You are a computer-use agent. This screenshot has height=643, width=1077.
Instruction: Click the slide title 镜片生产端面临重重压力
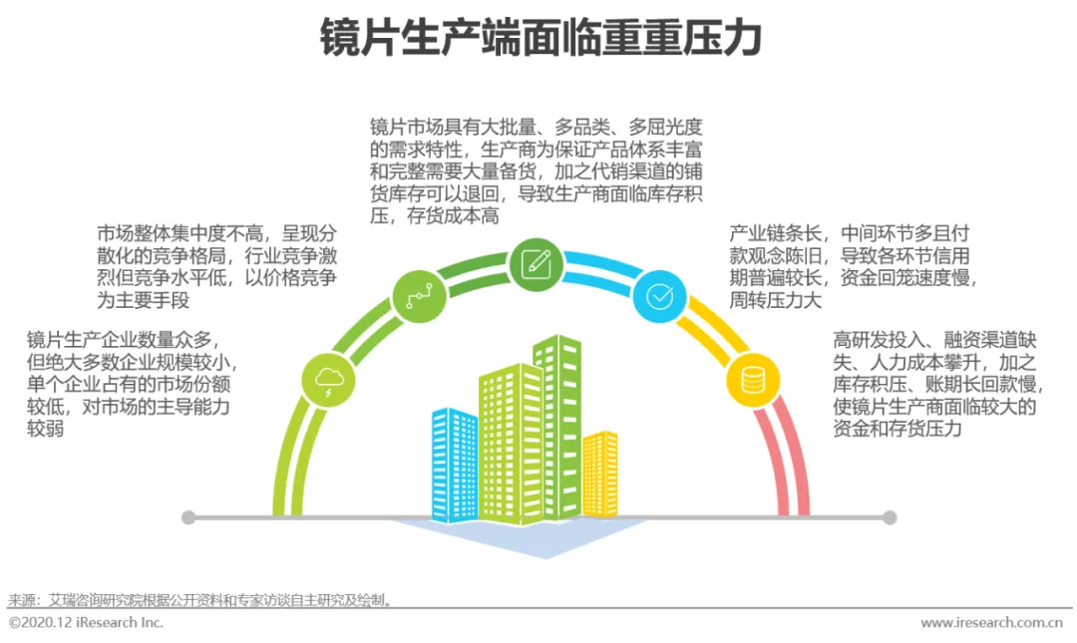point(540,39)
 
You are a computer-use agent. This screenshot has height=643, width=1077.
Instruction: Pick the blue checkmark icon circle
point(659,295)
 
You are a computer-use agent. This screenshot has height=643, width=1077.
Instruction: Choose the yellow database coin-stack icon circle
point(752,380)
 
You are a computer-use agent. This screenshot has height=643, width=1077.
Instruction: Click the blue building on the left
point(454,464)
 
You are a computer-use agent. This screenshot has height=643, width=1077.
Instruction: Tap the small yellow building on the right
point(600,474)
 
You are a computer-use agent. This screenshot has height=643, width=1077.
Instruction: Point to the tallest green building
point(557,424)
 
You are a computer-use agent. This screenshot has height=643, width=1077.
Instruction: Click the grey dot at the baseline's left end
point(188,517)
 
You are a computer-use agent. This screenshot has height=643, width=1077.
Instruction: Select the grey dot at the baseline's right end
point(890,517)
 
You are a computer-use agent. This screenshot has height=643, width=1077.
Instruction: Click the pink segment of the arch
point(787,459)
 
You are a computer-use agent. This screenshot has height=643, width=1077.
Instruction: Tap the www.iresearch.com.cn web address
point(991,623)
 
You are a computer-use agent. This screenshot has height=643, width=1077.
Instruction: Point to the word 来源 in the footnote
point(21,600)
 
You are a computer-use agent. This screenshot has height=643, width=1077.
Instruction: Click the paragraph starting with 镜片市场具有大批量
point(537,170)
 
